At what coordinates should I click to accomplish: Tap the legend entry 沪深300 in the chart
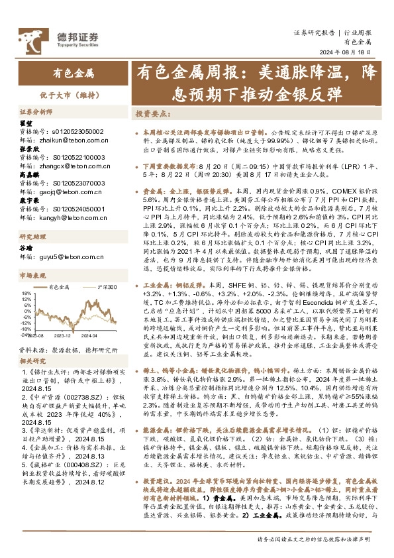[x=106, y=287]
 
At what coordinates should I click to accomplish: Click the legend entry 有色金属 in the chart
[x=62, y=287]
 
